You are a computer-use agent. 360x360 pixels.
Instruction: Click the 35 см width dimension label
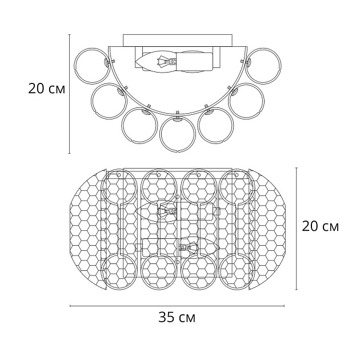click(177, 318)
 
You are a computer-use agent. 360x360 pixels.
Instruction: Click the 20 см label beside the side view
click(47, 89)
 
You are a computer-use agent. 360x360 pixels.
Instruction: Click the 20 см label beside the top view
click(320, 226)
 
